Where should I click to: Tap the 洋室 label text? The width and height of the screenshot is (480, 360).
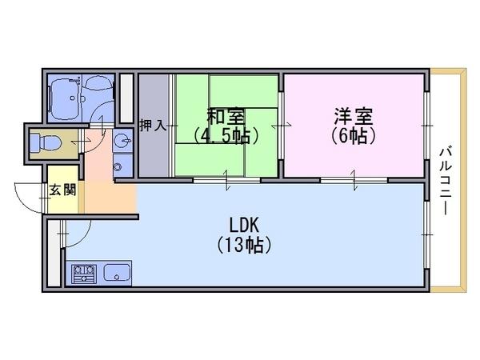tap(353, 115)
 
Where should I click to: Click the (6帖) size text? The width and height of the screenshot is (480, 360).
tap(353, 135)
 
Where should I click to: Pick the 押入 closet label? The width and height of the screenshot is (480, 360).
tap(152, 126)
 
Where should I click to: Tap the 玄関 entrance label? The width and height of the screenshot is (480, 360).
tap(62, 190)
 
